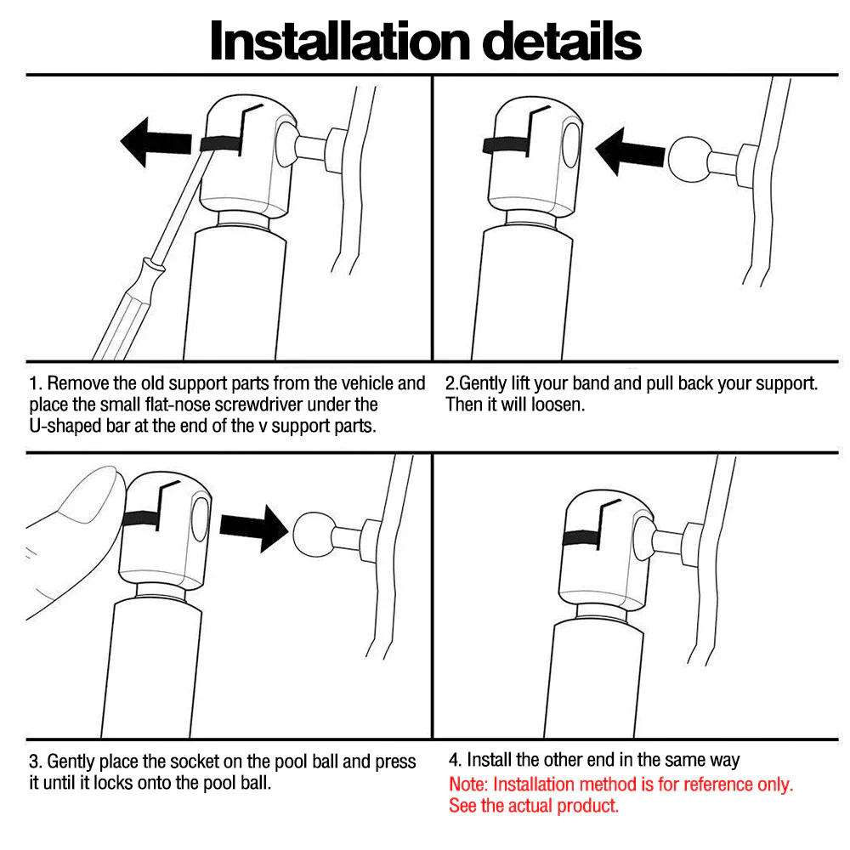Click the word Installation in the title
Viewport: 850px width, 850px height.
click(x=340, y=41)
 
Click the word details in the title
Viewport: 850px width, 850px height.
click(x=562, y=41)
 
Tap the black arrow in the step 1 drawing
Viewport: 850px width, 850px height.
click(x=156, y=142)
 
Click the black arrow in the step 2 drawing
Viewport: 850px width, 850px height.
click(x=630, y=152)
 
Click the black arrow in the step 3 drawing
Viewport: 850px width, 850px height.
click(x=253, y=528)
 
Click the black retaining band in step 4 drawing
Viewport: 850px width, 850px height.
click(x=581, y=538)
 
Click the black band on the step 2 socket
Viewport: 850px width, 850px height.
click(x=506, y=144)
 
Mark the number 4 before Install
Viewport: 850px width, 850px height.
click(x=454, y=760)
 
